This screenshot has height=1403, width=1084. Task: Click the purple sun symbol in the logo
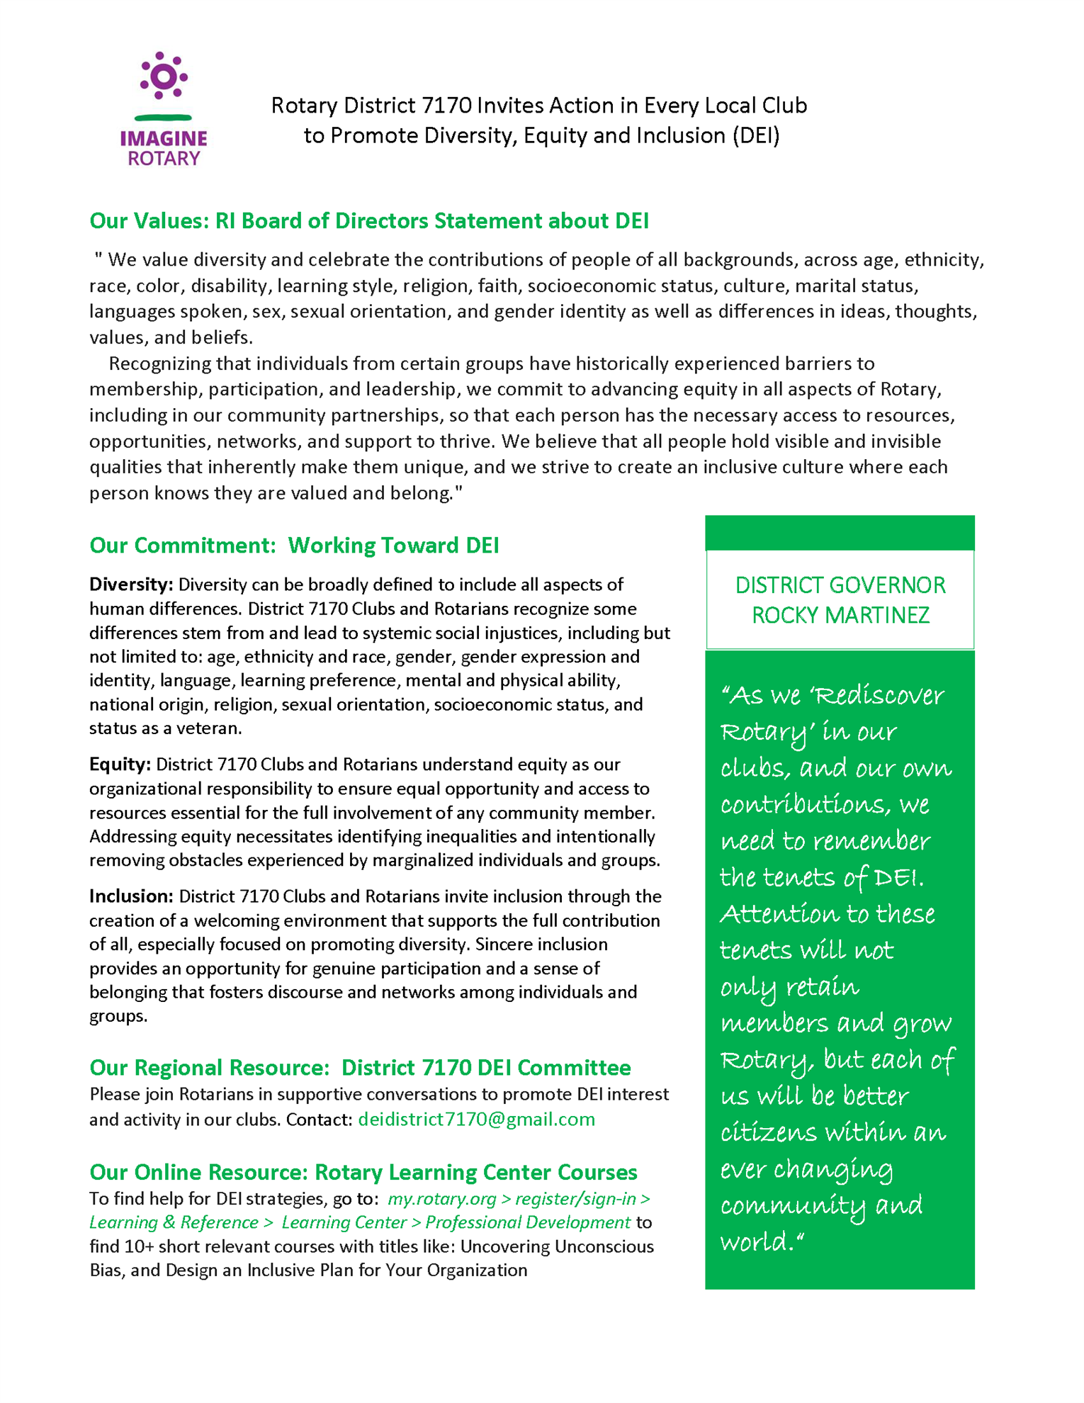point(164,76)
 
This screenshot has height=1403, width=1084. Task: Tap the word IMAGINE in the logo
point(164,138)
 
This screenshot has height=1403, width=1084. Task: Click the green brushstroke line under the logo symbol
point(163,117)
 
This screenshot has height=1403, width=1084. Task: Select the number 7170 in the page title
point(446,106)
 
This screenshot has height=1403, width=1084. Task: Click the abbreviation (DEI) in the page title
point(756,135)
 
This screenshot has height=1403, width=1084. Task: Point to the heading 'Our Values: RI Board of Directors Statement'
point(369,221)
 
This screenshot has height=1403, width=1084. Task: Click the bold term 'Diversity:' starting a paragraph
point(131,585)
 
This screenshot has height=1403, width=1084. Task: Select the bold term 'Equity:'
point(120,765)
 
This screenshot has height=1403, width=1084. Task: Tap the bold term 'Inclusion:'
point(131,896)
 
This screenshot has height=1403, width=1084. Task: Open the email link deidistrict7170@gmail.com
point(476,1120)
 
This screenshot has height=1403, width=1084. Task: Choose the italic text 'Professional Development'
point(528,1223)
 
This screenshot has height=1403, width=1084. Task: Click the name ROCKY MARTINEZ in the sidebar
point(840,615)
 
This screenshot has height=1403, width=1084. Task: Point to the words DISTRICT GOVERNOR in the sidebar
point(840,585)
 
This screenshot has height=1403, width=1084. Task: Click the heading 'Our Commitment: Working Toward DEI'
point(294,546)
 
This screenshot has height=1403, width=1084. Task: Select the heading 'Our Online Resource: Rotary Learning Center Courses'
point(363,1173)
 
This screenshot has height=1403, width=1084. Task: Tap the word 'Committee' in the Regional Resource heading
point(574,1068)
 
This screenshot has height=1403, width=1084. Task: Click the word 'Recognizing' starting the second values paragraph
point(159,364)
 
